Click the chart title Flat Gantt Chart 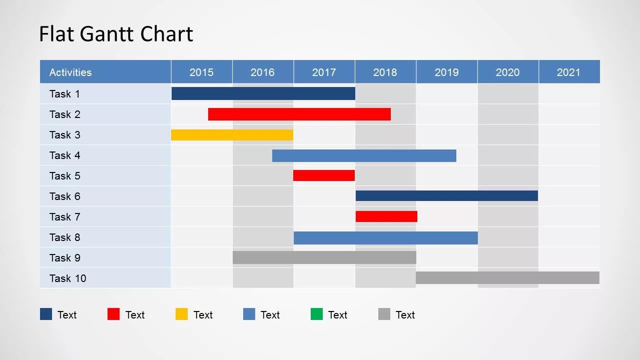coord(116,34)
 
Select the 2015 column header coord(202,72)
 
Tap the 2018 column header coord(385,72)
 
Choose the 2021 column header coord(568,72)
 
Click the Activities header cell coord(71,72)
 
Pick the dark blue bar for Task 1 coord(263,93)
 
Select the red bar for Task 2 coord(299,114)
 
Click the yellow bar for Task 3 coord(232,135)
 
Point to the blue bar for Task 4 coord(364,155)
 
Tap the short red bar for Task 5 coord(324,175)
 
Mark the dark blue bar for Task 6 coord(447,196)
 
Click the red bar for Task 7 coord(386,216)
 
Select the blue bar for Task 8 coord(386,237)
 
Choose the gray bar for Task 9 coord(324,257)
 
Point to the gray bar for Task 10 coord(507,278)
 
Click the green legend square coord(317,314)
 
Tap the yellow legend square coord(182,314)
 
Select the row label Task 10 coord(68,278)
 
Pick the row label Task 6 coord(65,196)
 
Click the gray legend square coord(384,314)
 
